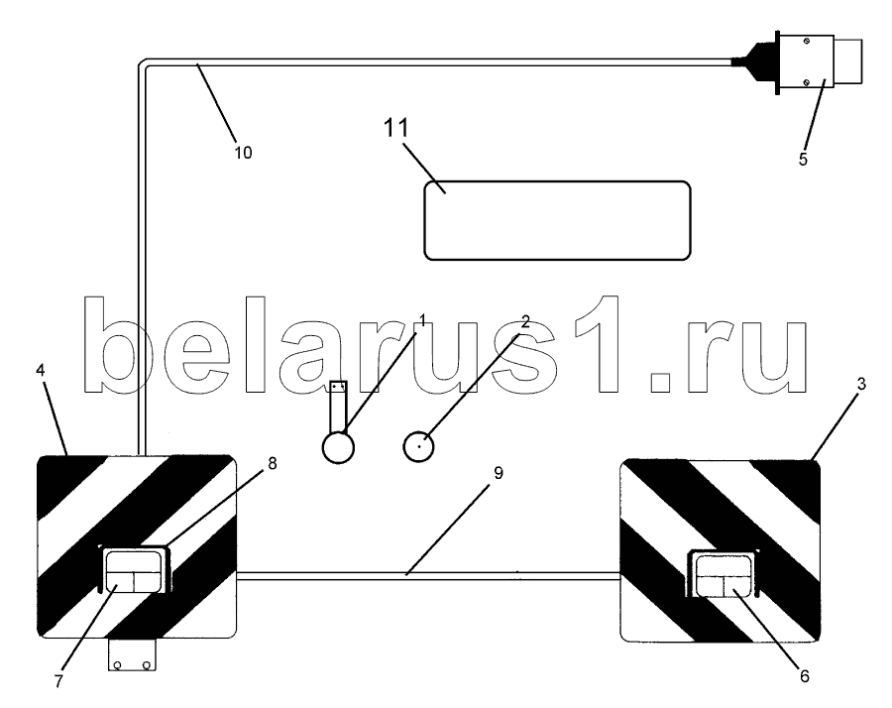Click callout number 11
pyautogui.click(x=395, y=128)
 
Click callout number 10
pyautogui.click(x=243, y=153)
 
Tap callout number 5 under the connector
pyautogui.click(x=803, y=160)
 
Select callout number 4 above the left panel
pyautogui.click(x=40, y=370)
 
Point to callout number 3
pyautogui.click(x=860, y=384)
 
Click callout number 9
pyautogui.click(x=499, y=473)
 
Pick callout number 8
pyautogui.click(x=272, y=464)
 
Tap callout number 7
pyautogui.click(x=58, y=681)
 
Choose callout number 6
pyautogui.click(x=804, y=676)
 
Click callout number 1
pyautogui.click(x=422, y=320)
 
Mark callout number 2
pyautogui.click(x=525, y=322)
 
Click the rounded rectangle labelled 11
pyautogui.click(x=557, y=221)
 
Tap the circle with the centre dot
pyautogui.click(x=418, y=446)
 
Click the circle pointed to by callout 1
pyautogui.click(x=338, y=447)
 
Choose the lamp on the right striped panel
pyautogui.click(x=722, y=574)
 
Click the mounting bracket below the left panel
pyautogui.click(x=132, y=654)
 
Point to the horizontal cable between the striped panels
pyautogui.click(x=428, y=576)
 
